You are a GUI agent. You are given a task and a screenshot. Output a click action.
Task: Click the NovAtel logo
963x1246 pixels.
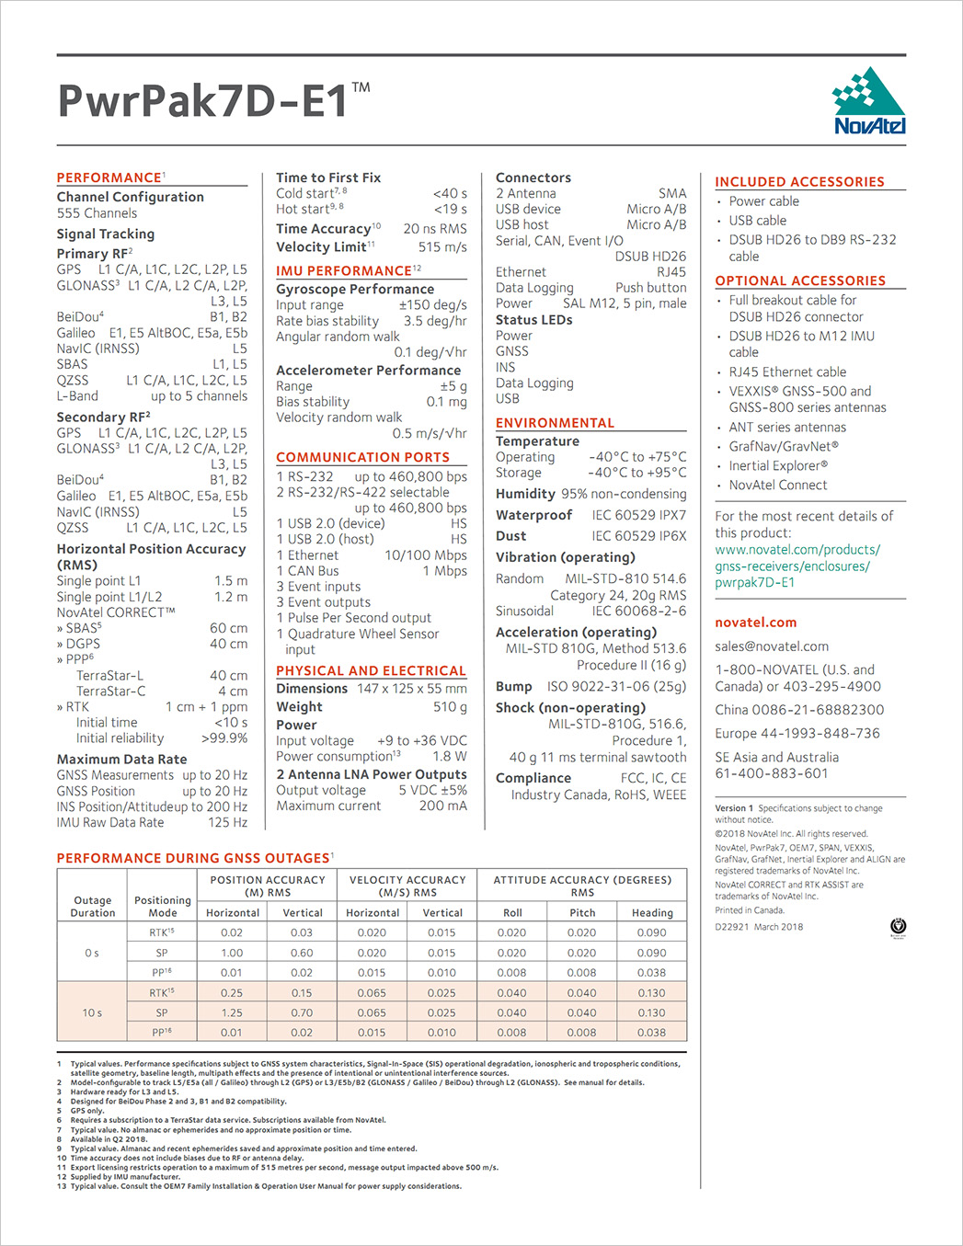pos(868,102)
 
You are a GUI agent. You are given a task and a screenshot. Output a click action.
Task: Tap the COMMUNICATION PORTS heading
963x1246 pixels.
pos(362,457)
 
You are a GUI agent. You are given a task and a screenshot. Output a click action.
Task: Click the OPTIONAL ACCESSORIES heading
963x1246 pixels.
pos(799,280)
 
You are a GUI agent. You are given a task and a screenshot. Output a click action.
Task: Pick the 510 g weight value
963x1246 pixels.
pos(450,707)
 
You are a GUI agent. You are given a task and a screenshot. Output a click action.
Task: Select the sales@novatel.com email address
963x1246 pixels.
pos(771,646)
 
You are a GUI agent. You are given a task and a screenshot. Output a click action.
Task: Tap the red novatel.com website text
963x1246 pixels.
pos(755,623)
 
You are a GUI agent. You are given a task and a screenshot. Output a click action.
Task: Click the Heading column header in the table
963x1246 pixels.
pos(651,913)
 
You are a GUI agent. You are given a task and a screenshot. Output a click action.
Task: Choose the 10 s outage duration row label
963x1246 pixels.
pos(92,1012)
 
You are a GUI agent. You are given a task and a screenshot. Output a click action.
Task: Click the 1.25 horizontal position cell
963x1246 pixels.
pos(232,1012)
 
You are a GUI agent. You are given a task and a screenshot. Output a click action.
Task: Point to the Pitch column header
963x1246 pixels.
pos(582,913)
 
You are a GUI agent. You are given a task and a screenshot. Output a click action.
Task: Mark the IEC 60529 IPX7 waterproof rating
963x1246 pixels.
pos(638,515)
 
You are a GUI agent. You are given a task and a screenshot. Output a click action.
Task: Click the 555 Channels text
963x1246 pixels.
pos(97,213)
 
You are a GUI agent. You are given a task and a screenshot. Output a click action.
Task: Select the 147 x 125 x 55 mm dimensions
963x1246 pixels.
pos(411,689)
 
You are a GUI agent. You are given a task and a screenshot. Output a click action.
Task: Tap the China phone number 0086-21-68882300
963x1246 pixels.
pos(799,710)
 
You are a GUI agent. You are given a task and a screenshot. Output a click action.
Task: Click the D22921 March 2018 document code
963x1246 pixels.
pos(759,927)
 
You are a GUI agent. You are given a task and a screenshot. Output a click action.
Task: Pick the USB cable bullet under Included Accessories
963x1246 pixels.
pos(757,221)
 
